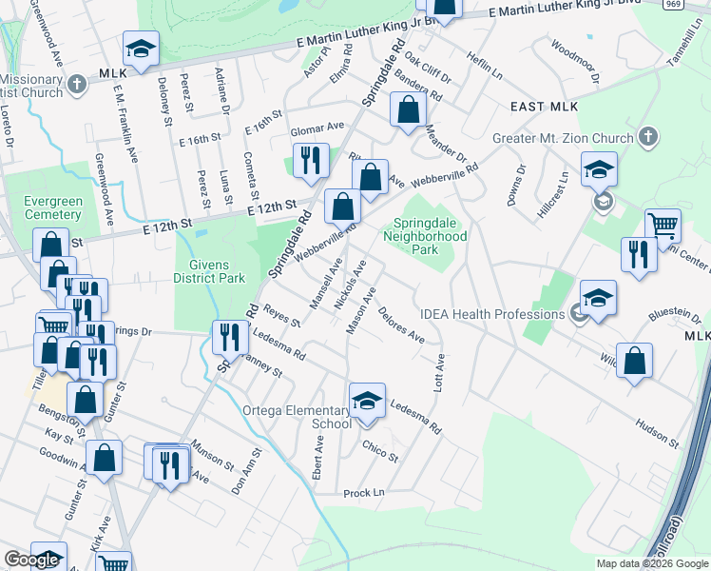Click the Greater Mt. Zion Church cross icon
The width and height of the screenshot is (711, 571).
pos(649,134)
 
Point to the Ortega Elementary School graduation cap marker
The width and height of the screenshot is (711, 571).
pos(367,402)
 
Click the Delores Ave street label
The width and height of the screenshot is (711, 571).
pos(400,324)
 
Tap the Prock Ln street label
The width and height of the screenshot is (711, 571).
pos(363,493)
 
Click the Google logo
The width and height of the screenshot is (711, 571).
pos(31,560)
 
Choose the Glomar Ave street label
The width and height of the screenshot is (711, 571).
pos(317,128)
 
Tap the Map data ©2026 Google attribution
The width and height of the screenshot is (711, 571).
pos(651,563)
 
